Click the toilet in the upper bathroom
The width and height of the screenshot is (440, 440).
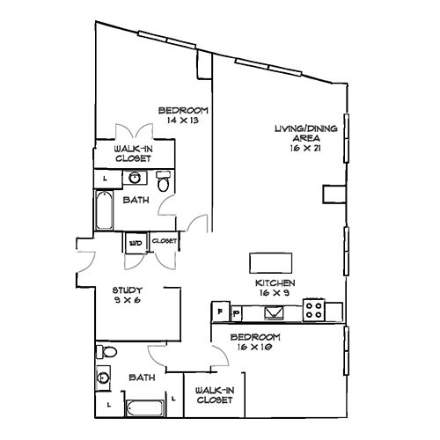pos(163,182)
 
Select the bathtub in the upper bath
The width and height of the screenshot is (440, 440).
pos(105,212)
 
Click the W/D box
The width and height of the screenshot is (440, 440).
pos(136,241)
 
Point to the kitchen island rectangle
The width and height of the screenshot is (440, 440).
pos(270,263)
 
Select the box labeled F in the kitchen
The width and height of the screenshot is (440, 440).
pos(218,312)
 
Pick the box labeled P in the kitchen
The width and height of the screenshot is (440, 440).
pos(236,312)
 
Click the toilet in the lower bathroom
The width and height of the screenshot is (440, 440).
pos(106,353)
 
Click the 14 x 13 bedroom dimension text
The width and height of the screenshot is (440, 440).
pos(183,121)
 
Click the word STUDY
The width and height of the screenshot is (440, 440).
pos(128,290)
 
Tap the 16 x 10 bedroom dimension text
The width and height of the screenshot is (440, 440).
pos(255,348)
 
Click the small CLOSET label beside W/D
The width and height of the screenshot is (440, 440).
pos(165,241)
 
